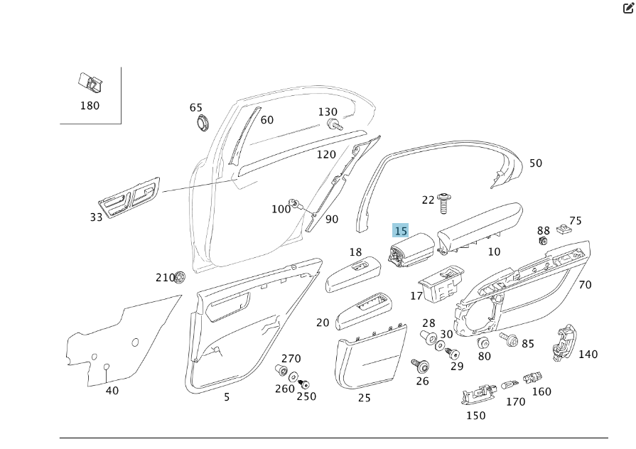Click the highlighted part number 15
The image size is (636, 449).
point(401,231)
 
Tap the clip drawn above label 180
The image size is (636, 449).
point(90,83)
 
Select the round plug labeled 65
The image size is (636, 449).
point(205,121)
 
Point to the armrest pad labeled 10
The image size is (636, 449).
point(480,226)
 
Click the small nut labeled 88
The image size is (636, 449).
point(543,241)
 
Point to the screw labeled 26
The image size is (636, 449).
point(420,366)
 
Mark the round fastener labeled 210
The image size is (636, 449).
point(180,276)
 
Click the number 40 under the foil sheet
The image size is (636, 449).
point(112,391)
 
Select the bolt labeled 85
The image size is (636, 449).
point(510,340)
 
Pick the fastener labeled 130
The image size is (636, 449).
point(333,124)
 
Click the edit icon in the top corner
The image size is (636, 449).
point(628,8)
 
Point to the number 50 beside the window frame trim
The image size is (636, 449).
point(535,163)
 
